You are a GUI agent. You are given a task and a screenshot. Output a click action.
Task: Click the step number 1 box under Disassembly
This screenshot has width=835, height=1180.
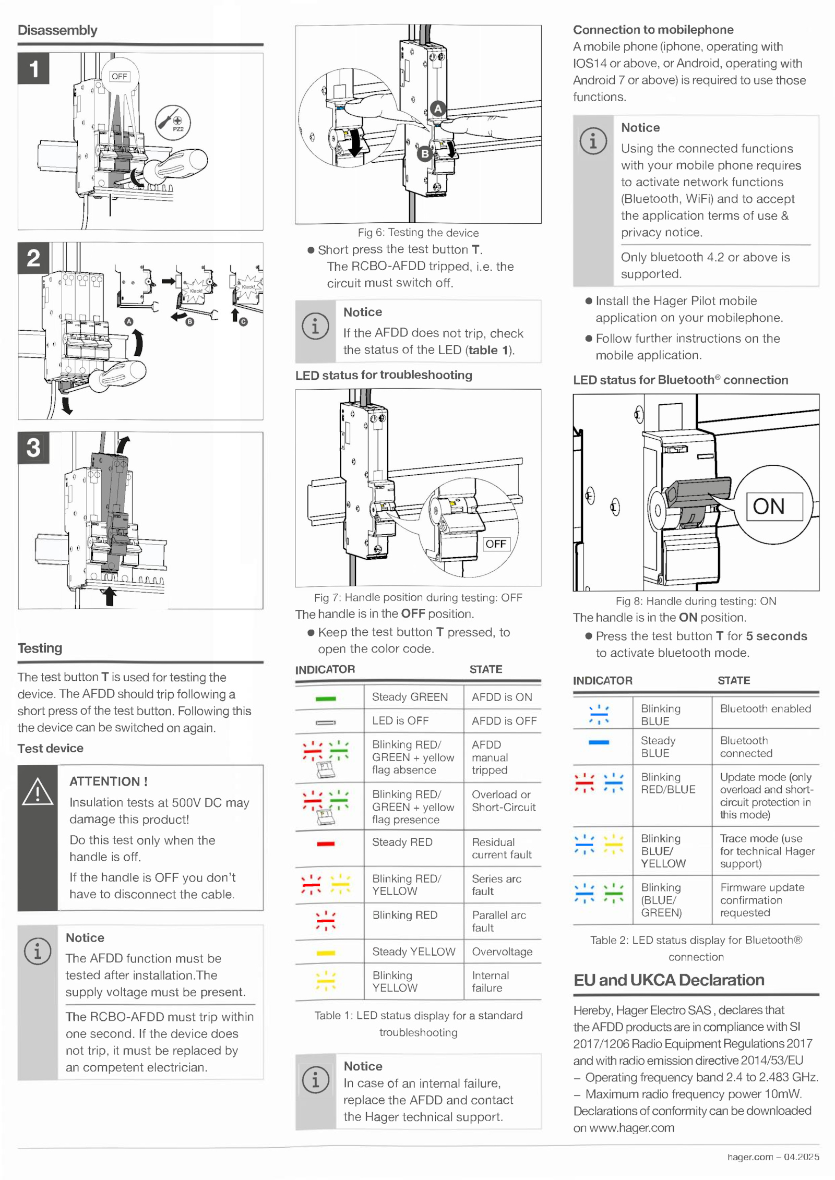click(33, 68)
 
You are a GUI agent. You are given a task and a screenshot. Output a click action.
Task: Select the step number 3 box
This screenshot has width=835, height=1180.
click(33, 448)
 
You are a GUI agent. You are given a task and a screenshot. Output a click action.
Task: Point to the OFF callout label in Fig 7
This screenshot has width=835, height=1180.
click(495, 544)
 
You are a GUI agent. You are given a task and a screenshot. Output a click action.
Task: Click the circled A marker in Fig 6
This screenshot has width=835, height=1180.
click(438, 109)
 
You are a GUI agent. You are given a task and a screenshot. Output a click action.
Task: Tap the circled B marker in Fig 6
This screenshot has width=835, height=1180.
click(425, 153)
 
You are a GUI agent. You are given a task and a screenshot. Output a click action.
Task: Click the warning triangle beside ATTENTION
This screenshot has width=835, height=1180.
click(38, 791)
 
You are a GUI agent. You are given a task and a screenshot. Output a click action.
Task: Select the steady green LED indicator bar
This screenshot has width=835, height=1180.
click(326, 699)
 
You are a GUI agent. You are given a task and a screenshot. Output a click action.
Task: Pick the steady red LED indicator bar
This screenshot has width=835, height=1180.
click(326, 844)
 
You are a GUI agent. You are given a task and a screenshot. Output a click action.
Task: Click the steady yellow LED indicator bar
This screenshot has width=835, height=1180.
click(326, 953)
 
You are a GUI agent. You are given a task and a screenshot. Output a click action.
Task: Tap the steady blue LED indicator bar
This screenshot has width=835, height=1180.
click(599, 742)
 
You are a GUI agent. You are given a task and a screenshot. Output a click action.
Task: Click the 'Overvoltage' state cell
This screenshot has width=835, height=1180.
click(502, 952)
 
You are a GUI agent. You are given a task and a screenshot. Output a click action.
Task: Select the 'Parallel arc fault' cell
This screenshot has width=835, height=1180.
click(499, 921)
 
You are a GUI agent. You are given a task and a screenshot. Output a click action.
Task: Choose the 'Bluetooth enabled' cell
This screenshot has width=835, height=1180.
click(766, 708)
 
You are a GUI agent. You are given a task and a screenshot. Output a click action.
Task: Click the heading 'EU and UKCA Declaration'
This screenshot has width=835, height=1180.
click(669, 980)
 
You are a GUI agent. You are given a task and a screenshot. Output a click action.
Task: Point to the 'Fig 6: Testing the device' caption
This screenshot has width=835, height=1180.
click(418, 233)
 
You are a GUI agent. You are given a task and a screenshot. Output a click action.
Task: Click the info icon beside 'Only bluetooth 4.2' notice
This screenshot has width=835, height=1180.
click(593, 141)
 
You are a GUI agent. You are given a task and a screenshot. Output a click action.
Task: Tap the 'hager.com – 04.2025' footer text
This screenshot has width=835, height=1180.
click(773, 1157)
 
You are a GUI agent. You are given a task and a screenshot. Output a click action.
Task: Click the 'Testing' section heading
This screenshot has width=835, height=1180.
click(40, 648)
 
